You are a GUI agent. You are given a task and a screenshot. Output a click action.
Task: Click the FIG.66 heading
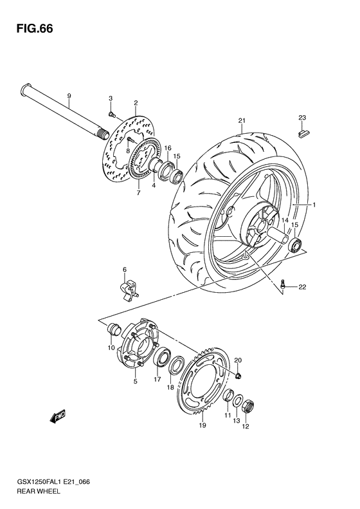[35, 28]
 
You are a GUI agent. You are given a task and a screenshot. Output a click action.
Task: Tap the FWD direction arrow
[58, 416]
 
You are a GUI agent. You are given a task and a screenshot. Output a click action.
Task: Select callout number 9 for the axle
[69, 96]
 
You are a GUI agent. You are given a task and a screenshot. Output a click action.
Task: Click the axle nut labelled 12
[248, 407]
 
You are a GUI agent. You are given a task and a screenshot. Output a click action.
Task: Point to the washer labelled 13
[239, 401]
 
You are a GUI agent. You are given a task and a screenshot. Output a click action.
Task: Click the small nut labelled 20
[239, 376]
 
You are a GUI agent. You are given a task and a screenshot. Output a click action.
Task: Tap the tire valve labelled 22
[283, 283]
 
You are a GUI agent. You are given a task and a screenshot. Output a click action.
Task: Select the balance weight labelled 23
[304, 133]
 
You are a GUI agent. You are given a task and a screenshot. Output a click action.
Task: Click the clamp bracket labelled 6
[129, 287]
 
